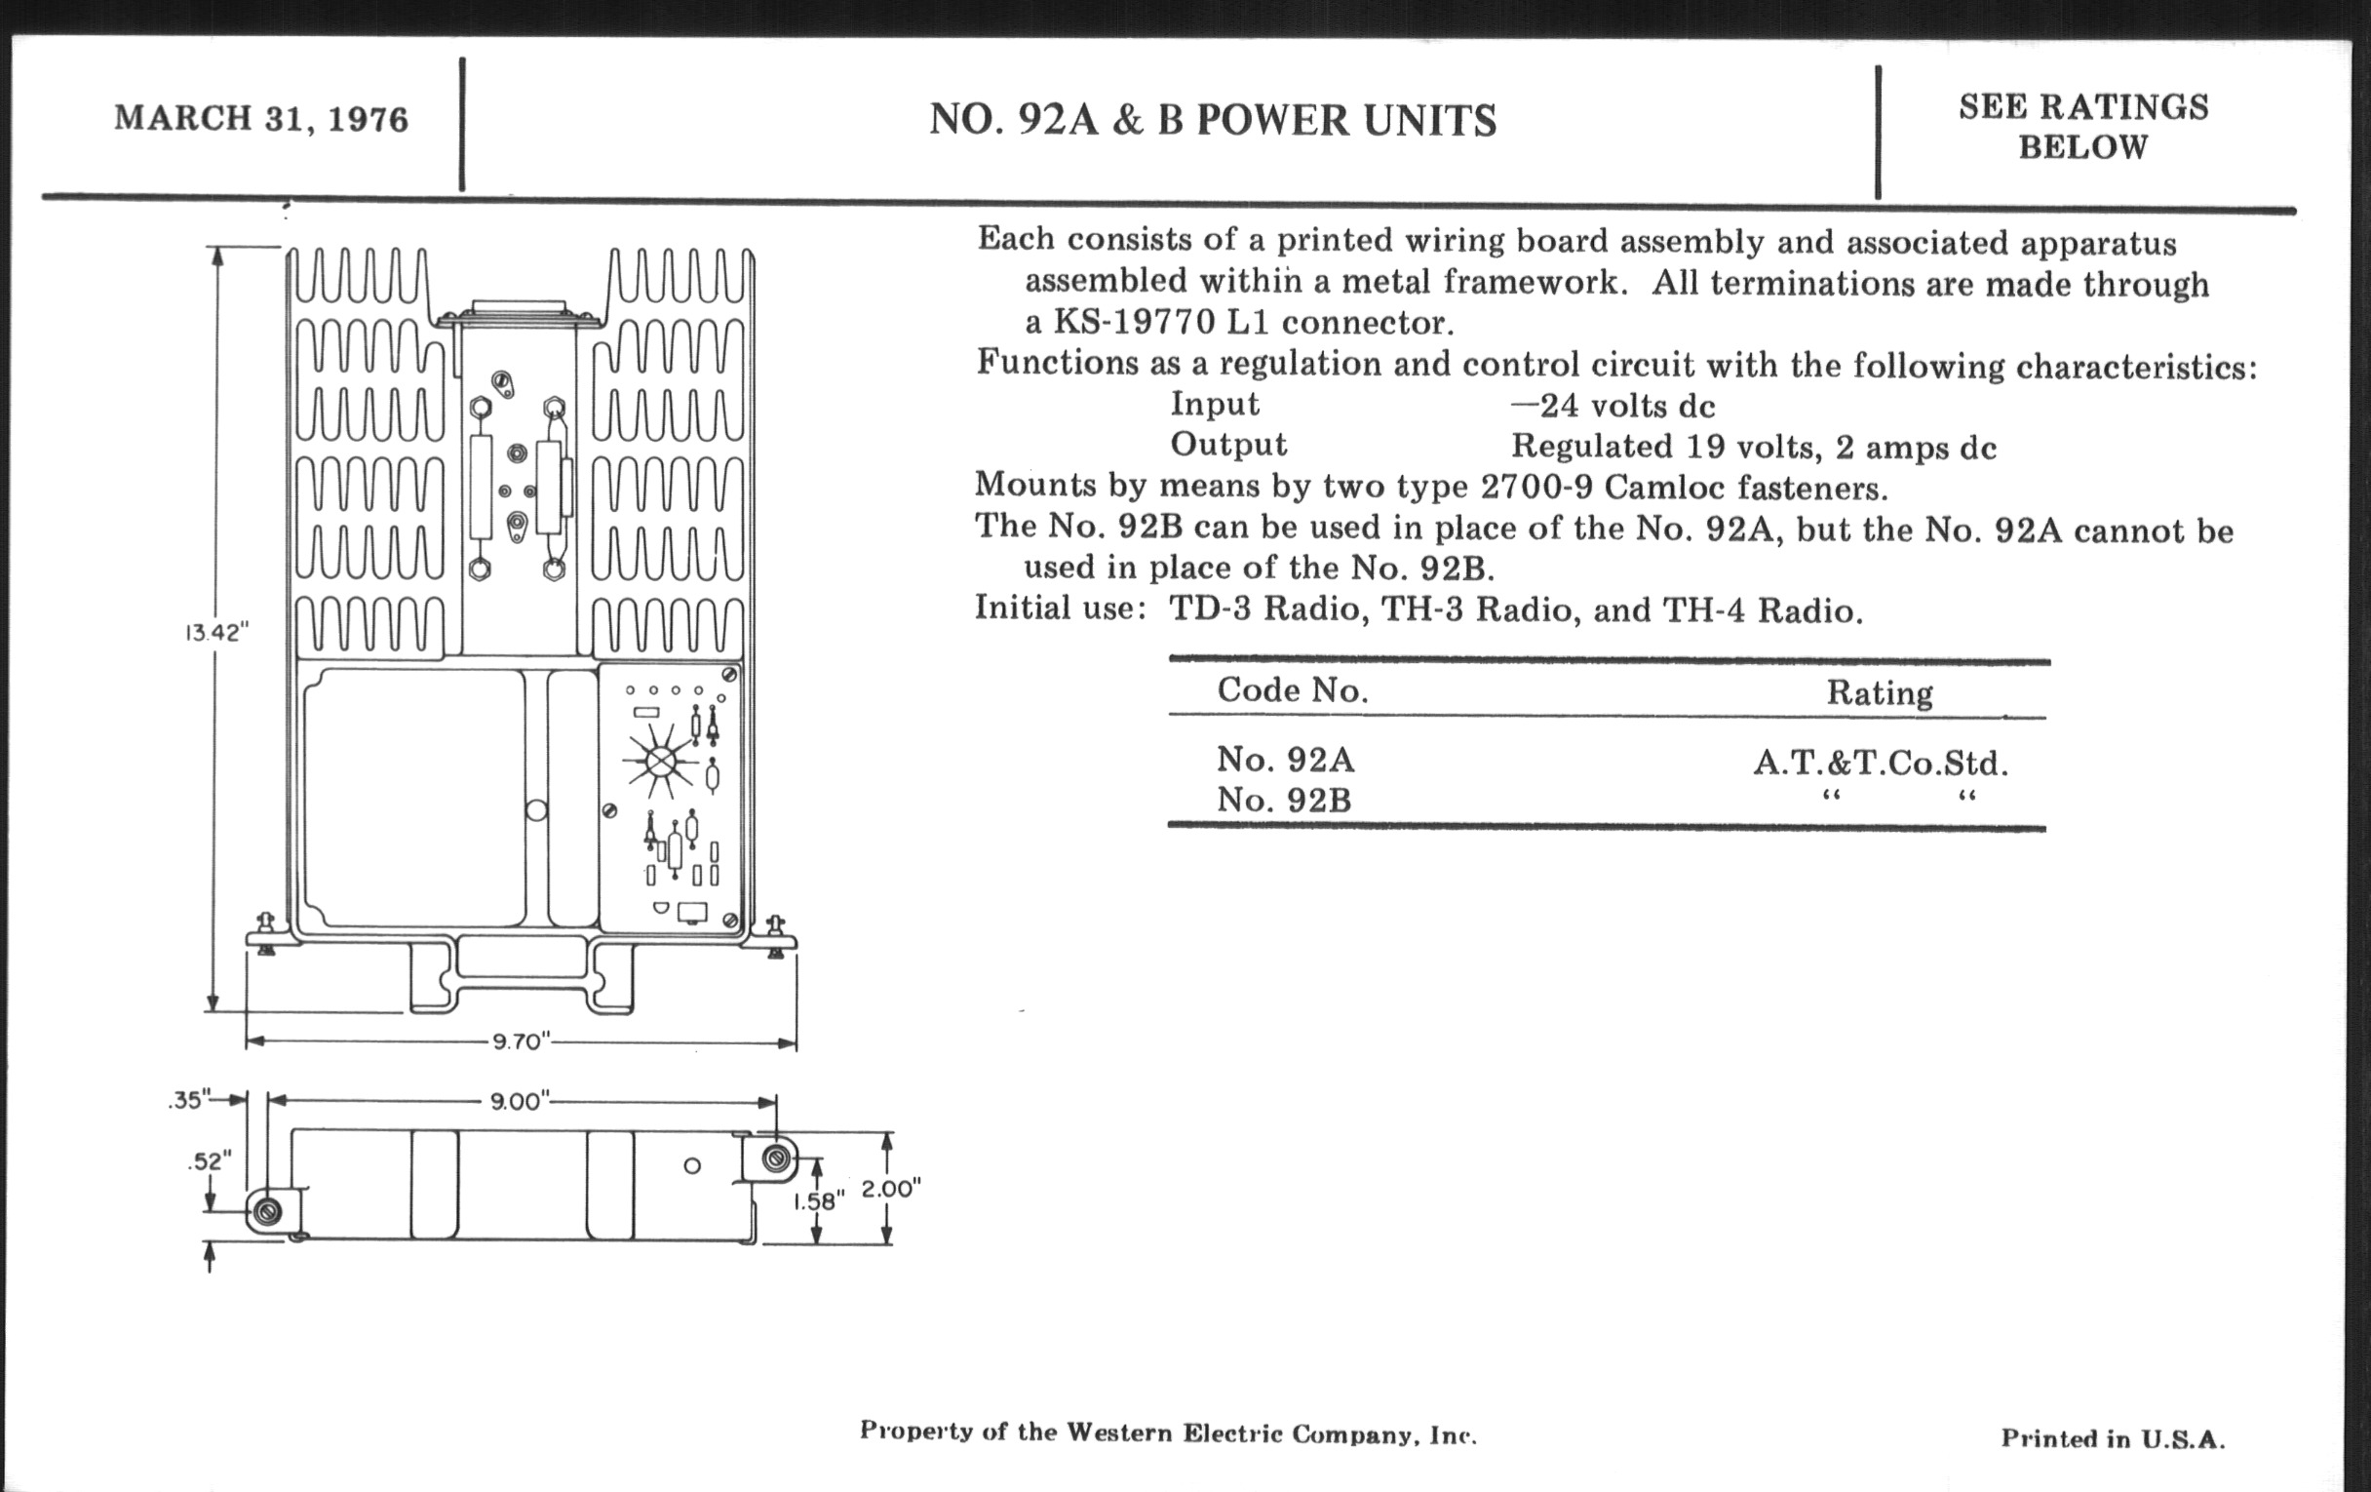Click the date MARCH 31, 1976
[261, 119]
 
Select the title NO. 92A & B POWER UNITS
[1212, 121]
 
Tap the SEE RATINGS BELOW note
[2083, 127]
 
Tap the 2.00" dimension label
[890, 1189]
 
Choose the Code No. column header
[1292, 690]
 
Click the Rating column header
[1879, 693]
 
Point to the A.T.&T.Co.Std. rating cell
[1880, 764]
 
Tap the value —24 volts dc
[1613, 406]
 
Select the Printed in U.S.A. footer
[2112, 1437]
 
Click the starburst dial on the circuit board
[662, 762]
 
